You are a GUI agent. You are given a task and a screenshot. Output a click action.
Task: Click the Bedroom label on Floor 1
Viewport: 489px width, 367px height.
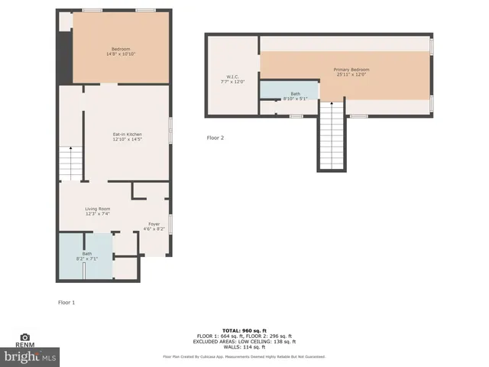pos(121,50)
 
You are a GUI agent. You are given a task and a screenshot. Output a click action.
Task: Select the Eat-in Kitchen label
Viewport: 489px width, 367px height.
pos(127,135)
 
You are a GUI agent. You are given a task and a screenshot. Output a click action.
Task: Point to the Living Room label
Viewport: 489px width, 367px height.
pos(98,209)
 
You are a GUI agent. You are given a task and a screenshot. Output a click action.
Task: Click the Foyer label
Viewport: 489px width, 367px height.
pos(154,224)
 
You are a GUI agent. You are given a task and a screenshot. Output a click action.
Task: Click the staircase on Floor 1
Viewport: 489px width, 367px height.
pos(70,163)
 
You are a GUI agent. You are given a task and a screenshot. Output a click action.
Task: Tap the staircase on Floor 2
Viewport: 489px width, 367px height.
pos(331,138)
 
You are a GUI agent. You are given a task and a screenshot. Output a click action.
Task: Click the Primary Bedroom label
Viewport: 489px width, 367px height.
pos(351,70)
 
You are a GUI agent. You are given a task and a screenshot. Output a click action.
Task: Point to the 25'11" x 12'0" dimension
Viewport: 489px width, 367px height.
pos(351,75)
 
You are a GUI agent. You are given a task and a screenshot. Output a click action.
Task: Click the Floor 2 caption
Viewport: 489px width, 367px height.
pos(215,138)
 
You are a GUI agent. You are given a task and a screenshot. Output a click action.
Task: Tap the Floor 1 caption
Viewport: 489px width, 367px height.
pos(66,303)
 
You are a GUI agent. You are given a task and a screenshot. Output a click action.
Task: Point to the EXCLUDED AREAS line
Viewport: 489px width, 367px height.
pos(244,342)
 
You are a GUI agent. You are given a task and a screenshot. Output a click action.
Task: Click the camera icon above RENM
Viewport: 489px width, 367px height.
pos(24,337)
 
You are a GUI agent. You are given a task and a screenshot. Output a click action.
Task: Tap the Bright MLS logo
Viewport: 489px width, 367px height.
pos(31,356)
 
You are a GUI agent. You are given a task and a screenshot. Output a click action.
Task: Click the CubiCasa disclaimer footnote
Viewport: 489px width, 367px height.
pos(244,356)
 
